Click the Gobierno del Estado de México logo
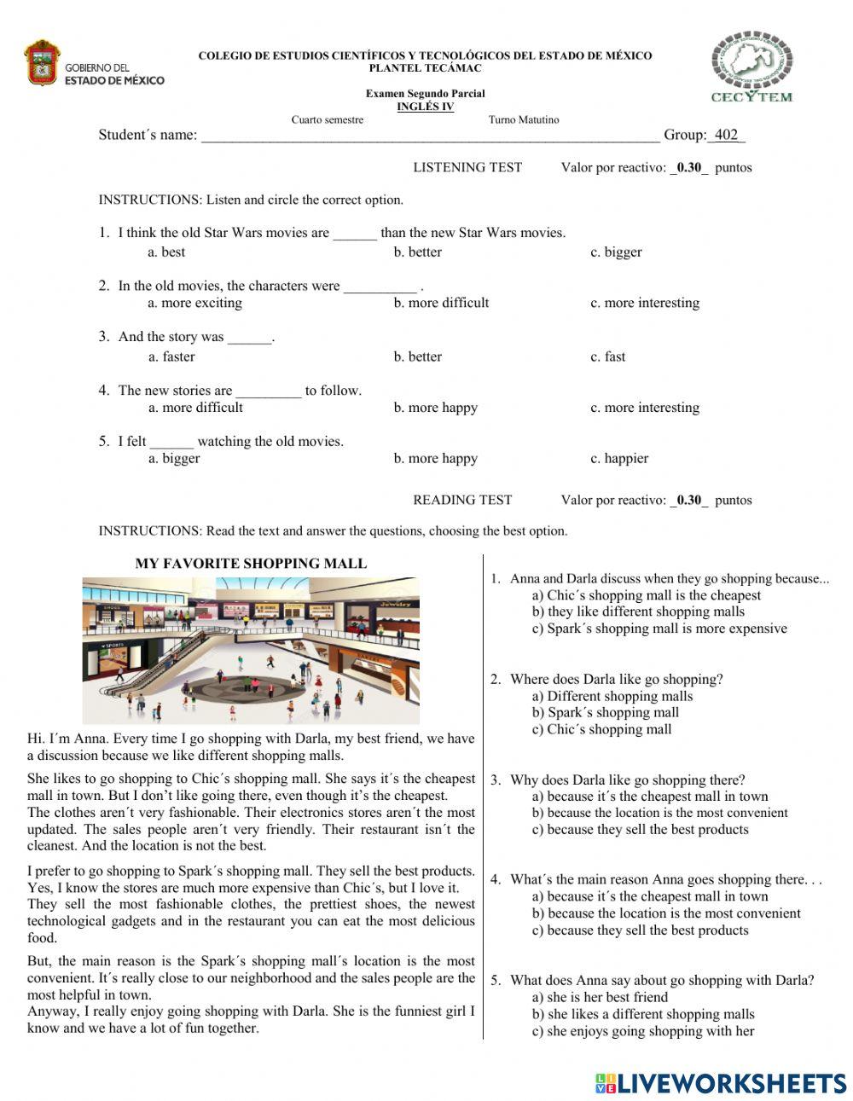pyautogui.click(x=94, y=64)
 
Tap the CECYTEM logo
pyautogui.click(x=751, y=67)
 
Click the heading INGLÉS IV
pyautogui.click(x=425, y=107)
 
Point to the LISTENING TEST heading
pyautogui.click(x=467, y=167)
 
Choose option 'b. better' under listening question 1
pyautogui.click(x=417, y=252)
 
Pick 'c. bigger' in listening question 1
pyautogui.click(x=616, y=252)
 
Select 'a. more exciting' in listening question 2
pyautogui.click(x=194, y=303)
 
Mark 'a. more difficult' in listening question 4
pyautogui.click(x=194, y=408)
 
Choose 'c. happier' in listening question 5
pyautogui.click(x=619, y=458)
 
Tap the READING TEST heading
pyautogui.click(x=462, y=500)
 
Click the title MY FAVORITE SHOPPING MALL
pyautogui.click(x=251, y=564)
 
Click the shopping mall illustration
pyautogui.click(x=251, y=650)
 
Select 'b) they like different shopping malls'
pyautogui.click(x=638, y=611)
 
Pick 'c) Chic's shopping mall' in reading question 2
pyautogui.click(x=601, y=729)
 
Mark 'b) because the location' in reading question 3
pyautogui.click(x=659, y=813)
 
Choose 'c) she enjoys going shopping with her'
pyautogui.click(x=643, y=1031)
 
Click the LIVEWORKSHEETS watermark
pyautogui.click(x=721, y=1083)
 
